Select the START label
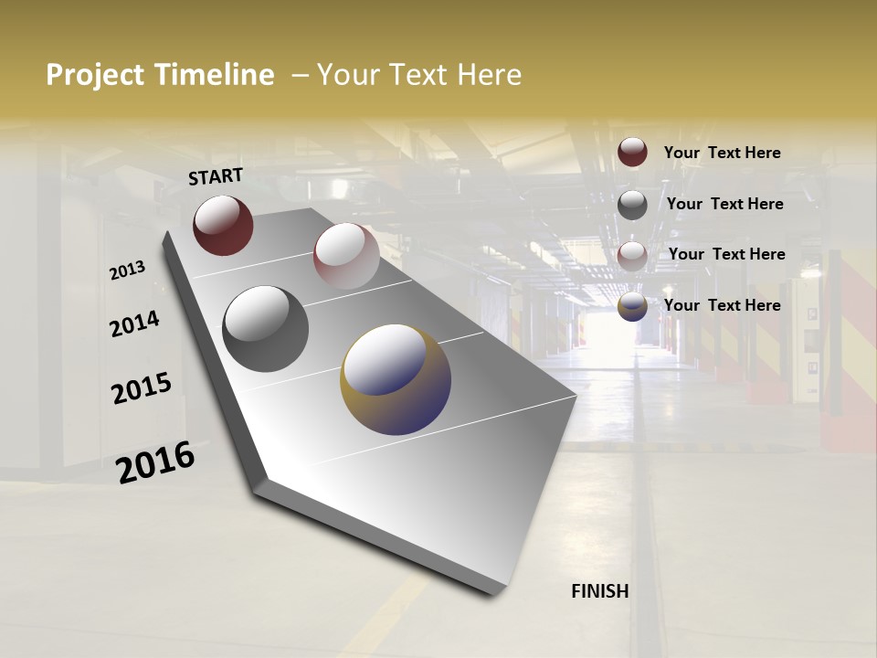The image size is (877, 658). pos(216,176)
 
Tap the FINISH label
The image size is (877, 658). pos(600,591)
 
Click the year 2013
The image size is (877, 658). pos(127,270)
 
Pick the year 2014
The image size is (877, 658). pos(134,324)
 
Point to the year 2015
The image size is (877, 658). pos(142,388)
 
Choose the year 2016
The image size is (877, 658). pos(155,462)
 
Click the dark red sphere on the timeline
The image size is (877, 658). pos(223,225)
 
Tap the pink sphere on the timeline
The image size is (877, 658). pos(346,256)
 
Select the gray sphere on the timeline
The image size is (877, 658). pos(265,329)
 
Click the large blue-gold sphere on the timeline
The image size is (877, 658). pos(396,379)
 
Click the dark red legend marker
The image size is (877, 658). pos(632,152)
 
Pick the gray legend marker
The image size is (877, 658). pos(632,205)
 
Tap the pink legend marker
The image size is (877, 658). pos(632,256)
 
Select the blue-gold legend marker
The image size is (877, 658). pos(632,307)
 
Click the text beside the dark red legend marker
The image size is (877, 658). pos(722,153)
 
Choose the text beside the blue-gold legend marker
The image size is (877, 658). pos(722,305)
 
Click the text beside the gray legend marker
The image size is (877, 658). pos(724,204)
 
